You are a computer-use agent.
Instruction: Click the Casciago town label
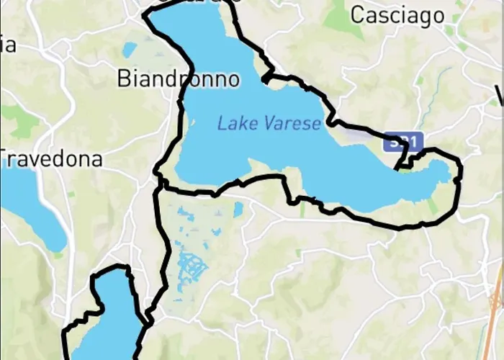(397, 15)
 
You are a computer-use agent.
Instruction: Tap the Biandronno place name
(178, 78)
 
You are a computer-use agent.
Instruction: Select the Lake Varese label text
(269, 124)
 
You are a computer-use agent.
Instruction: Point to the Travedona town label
(52, 159)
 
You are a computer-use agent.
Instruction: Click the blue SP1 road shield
(403, 142)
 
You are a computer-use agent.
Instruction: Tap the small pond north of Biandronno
(130, 50)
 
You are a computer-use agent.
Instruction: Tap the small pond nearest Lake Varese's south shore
(238, 210)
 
